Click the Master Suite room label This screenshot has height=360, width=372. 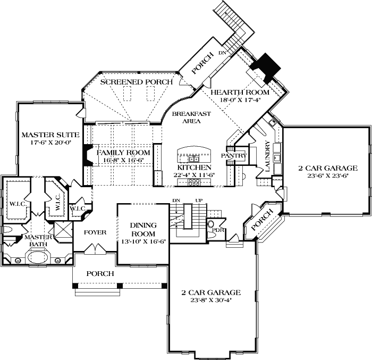coord(50,135)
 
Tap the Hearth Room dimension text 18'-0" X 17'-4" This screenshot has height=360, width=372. coord(240,100)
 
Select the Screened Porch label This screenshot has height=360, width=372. coord(136,82)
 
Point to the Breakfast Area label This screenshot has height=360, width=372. coord(191,118)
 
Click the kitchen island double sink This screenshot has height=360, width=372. coord(194,158)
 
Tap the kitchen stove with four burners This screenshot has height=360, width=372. coord(194,182)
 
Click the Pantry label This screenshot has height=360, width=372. coord(234,156)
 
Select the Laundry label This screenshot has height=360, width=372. coord(268,156)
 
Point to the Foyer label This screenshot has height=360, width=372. coord(95,232)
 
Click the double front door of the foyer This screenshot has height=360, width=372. coord(95,249)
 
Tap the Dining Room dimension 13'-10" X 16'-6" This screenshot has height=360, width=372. coord(143,241)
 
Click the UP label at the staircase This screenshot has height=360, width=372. coord(199,200)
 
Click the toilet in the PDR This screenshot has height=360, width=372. coord(210,224)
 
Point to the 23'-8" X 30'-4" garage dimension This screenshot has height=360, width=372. coord(211,300)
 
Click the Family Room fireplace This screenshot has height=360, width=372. coord(88,155)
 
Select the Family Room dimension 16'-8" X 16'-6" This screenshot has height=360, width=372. coord(123,160)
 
